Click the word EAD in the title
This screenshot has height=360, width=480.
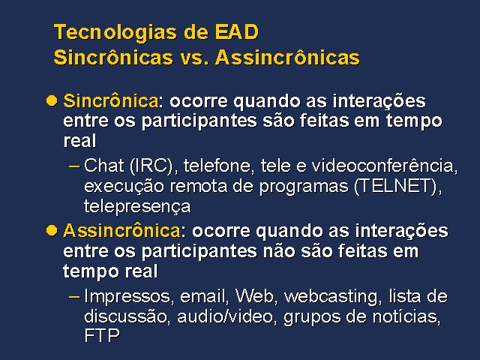coord(237,31)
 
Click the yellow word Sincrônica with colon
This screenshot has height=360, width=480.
coord(112,100)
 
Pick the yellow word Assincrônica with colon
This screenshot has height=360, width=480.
coord(124,230)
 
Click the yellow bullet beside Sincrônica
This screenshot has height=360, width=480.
coord(52,100)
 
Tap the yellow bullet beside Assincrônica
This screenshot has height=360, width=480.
coord(52,230)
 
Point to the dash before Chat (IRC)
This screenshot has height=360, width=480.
coord(74,166)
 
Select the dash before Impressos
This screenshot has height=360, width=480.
coord(74,297)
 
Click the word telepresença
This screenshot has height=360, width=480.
coord(137,207)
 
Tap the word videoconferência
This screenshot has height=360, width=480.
coord(385,166)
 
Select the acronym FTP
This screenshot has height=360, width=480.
coord(102,335)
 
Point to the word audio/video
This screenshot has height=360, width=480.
coord(225,316)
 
